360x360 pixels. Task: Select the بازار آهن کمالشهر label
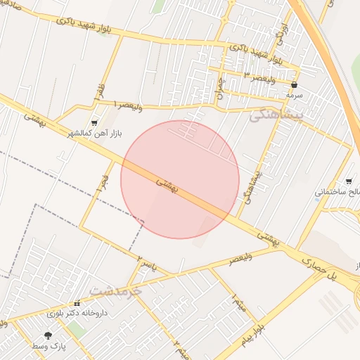96,133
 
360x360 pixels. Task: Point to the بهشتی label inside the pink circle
169,186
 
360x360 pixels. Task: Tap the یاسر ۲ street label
145,263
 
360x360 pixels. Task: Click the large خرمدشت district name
116,290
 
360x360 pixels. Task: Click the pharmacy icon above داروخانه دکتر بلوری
77,303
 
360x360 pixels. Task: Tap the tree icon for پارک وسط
48,336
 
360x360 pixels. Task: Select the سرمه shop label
294,94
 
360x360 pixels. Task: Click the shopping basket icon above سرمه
294,84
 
